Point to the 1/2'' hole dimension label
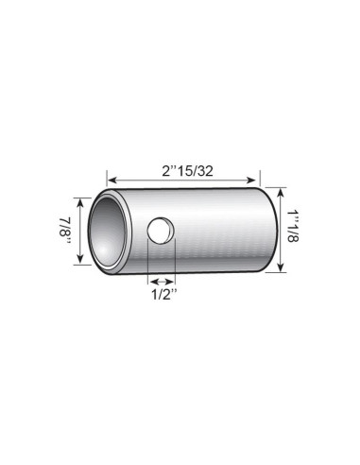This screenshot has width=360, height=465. [x=161, y=293]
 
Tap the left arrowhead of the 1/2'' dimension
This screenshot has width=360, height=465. [x=150, y=280]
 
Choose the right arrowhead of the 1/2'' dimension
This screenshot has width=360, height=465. [x=173, y=280]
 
